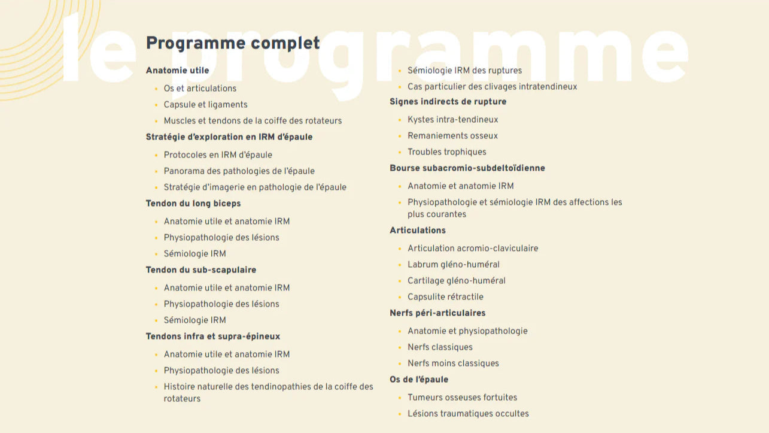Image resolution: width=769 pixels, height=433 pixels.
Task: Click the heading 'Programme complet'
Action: pyautogui.click(x=233, y=43)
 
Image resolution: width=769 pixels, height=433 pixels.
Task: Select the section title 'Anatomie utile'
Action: pyautogui.click(x=177, y=71)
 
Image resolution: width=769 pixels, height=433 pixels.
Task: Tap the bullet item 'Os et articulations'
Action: pyautogui.click(x=200, y=89)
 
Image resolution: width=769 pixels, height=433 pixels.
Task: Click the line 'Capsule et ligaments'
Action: pyautogui.click(x=205, y=105)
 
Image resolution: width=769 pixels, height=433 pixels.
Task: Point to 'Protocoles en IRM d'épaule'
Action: pyautogui.click(x=218, y=155)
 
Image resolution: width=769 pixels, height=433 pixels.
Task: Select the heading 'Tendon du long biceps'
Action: pyautogui.click(x=193, y=204)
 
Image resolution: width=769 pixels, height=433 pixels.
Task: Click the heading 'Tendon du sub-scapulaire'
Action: pyautogui.click(x=201, y=270)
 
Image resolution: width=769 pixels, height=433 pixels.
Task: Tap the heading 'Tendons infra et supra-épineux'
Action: pyautogui.click(x=213, y=337)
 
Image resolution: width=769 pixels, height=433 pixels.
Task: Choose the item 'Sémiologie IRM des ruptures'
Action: pyautogui.click(x=464, y=71)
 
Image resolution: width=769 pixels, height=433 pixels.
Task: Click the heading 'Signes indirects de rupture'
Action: pyautogui.click(x=448, y=102)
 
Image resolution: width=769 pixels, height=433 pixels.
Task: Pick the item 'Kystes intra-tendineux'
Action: pyautogui.click(x=453, y=120)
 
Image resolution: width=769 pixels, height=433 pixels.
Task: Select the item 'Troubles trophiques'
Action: pyautogui.click(x=447, y=152)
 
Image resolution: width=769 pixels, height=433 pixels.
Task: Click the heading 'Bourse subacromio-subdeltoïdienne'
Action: pyautogui.click(x=467, y=168)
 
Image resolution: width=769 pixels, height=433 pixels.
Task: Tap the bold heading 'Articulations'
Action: pyautogui.click(x=418, y=231)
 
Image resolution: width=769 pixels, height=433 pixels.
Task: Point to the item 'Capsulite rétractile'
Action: pyautogui.click(x=445, y=297)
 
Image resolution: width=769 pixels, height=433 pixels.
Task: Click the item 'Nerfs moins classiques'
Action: pyautogui.click(x=453, y=364)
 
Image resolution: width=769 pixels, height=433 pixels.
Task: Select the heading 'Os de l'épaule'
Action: pyautogui.click(x=419, y=380)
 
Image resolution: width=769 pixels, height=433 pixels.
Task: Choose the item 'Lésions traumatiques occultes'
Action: pyautogui.click(x=468, y=414)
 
